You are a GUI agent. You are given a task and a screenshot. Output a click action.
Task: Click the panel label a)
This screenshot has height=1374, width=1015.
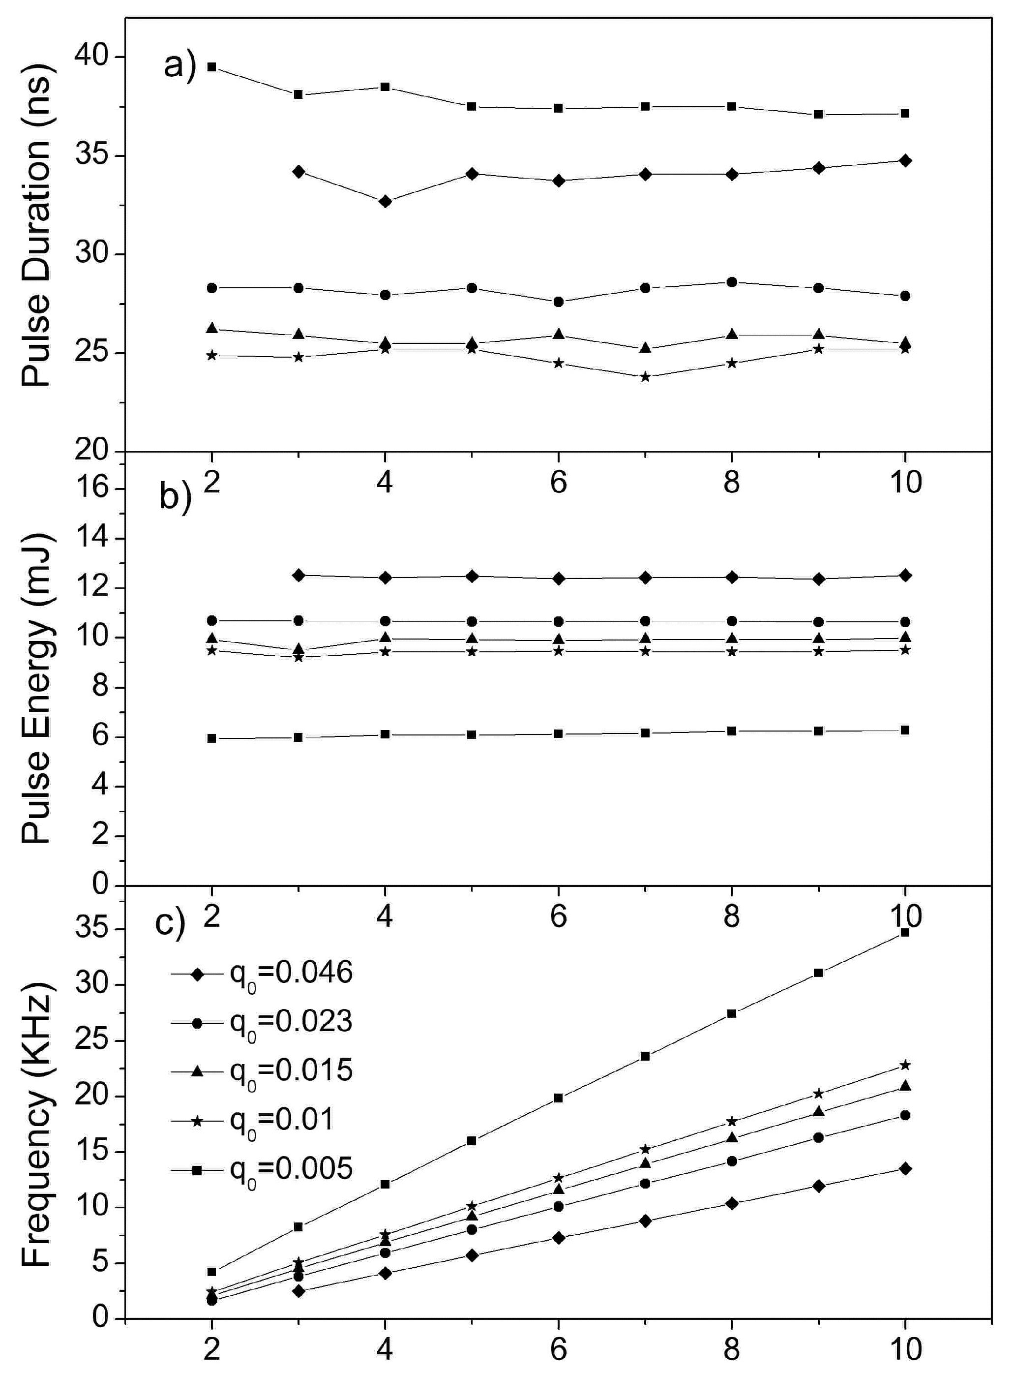[179, 64]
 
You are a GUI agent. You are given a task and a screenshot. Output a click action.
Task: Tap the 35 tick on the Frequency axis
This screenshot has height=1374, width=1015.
[92, 929]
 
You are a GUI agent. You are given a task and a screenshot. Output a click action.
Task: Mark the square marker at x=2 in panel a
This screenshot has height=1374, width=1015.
[212, 66]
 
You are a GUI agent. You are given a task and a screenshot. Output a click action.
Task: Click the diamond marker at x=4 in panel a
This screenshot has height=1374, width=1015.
[385, 202]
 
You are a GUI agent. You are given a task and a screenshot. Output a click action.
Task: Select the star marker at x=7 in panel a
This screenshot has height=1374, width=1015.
[645, 377]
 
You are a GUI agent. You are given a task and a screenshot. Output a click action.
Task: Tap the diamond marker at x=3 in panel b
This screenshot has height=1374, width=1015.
[299, 575]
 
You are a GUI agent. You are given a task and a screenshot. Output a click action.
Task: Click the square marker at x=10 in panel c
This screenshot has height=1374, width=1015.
[904, 932]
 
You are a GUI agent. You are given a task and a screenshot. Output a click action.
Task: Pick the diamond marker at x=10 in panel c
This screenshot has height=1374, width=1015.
[904, 1168]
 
